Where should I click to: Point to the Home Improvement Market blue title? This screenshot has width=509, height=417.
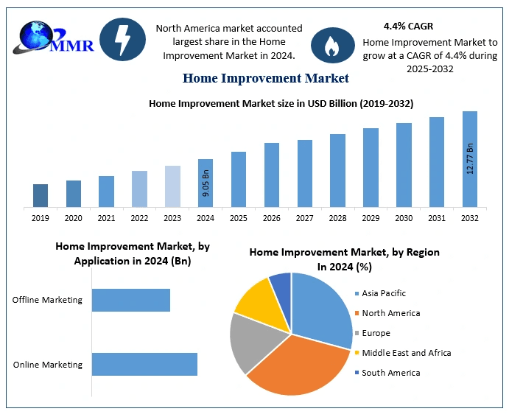pos(265,77)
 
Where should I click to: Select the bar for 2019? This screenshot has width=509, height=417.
pos(41,195)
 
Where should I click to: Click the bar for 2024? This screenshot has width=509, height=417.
pos(206,183)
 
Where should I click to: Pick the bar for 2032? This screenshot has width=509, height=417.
pos(470,159)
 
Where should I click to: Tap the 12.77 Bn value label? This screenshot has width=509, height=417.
pos(470,158)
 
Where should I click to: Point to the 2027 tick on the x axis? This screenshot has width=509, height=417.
pos(305,218)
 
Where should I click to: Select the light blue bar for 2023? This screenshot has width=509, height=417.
pos(172,186)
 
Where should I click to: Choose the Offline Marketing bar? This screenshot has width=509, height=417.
pos(131,300)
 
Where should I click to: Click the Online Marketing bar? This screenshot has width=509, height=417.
pos(144,364)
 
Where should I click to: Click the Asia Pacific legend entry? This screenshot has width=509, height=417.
pos(383,293)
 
